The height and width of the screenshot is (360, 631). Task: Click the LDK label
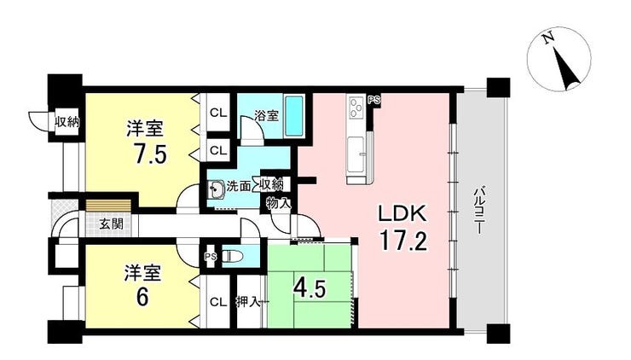[402, 214]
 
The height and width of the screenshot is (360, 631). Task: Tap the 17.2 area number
[402, 241]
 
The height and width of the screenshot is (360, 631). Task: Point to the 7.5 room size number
[151, 154]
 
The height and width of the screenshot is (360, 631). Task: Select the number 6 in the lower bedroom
[143, 297]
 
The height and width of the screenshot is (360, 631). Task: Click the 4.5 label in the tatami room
[310, 288]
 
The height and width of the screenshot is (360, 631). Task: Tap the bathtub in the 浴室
[294, 116]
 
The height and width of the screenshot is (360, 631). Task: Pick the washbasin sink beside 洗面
[217, 189]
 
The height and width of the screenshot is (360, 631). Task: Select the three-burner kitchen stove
[356, 107]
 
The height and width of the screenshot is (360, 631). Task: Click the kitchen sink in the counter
[356, 154]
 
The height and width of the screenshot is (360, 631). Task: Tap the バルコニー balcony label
[479, 210]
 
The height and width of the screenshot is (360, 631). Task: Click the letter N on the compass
[547, 38]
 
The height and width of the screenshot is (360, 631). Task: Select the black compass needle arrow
[566, 69]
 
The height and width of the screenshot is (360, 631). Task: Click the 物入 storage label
[279, 203]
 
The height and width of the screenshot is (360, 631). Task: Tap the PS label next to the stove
[373, 101]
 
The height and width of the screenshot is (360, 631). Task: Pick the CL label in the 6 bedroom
[218, 301]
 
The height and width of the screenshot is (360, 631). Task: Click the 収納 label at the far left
[67, 121]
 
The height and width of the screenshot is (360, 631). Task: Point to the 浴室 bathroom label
[266, 115]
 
